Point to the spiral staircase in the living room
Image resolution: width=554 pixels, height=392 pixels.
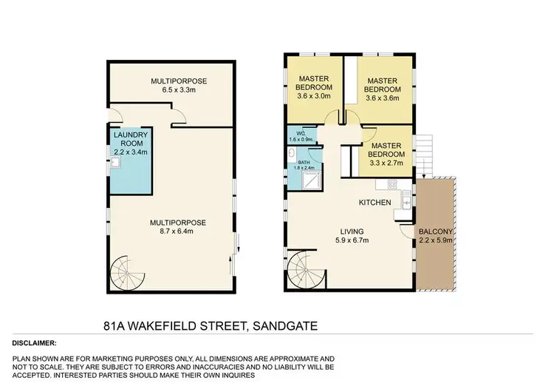[x=303, y=269]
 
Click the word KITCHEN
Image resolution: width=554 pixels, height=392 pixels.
[x=374, y=202]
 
